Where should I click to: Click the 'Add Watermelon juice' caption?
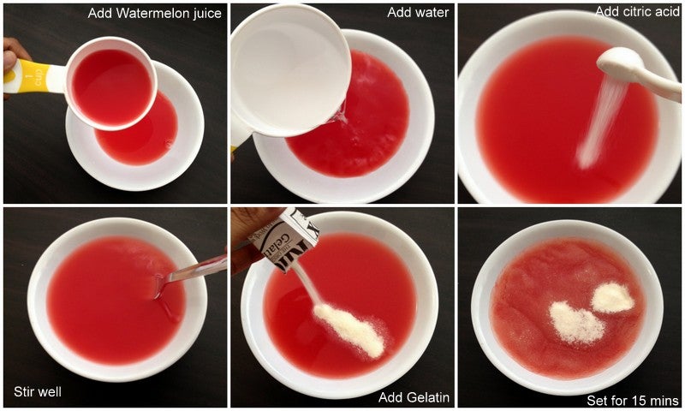pyautogui.click(x=155, y=14)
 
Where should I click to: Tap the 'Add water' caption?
pyautogui.click(x=418, y=12)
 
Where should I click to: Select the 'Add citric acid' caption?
pyautogui.click(x=637, y=11)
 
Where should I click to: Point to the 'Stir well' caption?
pyautogui.click(x=38, y=391)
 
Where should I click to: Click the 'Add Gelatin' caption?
pyautogui.click(x=414, y=397)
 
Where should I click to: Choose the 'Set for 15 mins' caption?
pyautogui.click(x=633, y=400)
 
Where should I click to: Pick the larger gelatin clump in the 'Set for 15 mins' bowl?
pyautogui.click(x=575, y=322)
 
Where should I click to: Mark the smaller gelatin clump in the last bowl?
pyautogui.click(x=612, y=298)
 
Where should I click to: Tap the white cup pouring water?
pyautogui.click(x=289, y=71)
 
